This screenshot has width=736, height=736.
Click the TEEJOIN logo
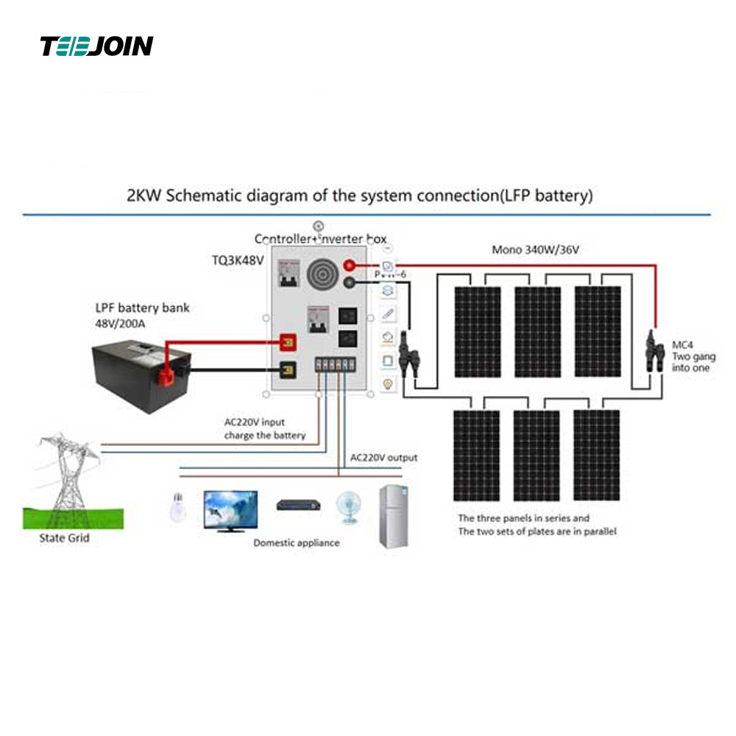click(96, 46)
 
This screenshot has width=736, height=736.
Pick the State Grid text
click(64, 538)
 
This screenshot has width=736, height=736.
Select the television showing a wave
click(230, 509)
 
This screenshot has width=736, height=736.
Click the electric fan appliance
click(346, 508)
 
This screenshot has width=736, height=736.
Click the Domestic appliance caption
click(297, 542)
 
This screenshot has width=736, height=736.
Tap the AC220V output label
click(383, 457)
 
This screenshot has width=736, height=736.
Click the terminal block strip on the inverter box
click(337, 364)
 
